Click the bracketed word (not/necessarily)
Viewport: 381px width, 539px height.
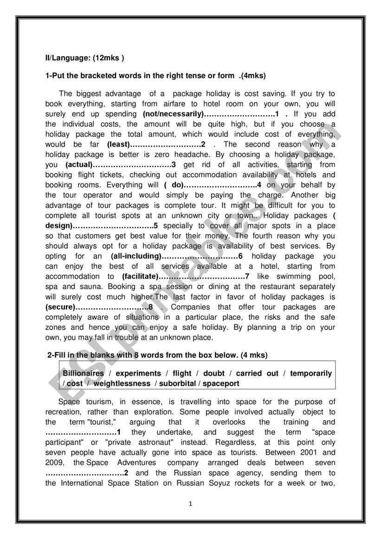point(173,114)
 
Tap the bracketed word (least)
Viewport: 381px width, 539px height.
point(118,144)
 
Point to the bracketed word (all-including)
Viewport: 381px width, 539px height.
point(136,256)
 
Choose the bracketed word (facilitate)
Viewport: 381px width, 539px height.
point(140,277)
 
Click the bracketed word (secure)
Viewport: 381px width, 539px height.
point(60,307)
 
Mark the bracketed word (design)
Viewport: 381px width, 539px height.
point(59,226)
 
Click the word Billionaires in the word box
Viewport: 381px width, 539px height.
point(84,373)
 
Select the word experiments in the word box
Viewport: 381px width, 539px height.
point(138,373)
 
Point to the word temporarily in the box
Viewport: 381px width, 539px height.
point(311,373)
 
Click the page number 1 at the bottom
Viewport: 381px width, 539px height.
point(190,504)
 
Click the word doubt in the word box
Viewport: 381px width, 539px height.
point(213,373)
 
